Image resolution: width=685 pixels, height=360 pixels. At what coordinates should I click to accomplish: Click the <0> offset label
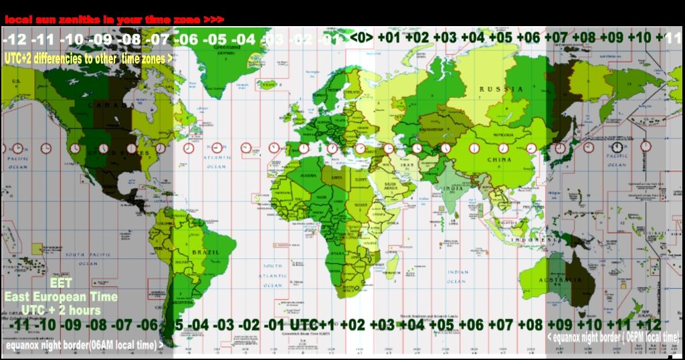point(362,37)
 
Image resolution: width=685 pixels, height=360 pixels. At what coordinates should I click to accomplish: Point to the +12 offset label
point(648,325)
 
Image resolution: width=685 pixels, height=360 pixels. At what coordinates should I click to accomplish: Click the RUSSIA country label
point(501,89)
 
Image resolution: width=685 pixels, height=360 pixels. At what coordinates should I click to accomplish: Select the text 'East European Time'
point(61,297)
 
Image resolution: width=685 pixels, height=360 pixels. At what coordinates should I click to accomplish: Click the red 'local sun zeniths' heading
point(114,20)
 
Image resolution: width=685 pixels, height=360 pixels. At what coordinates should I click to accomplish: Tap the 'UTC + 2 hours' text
point(61,310)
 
